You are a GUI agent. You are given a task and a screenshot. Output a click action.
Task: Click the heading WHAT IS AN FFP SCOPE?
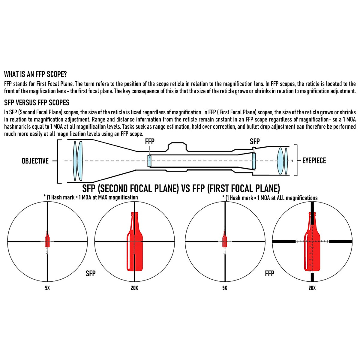coord(35,74)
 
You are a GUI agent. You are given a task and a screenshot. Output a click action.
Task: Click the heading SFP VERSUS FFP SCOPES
coord(37,103)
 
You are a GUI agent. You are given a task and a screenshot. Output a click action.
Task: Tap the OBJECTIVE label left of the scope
coord(35,161)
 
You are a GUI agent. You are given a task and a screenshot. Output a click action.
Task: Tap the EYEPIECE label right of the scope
coord(314,161)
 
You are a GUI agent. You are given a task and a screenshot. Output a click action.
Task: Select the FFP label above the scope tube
coord(149,142)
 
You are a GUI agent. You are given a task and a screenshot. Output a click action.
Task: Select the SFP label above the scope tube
coord(255,142)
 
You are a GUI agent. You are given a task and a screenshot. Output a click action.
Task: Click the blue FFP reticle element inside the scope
coord(149,161)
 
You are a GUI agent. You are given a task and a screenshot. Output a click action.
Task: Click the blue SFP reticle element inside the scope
coord(254,161)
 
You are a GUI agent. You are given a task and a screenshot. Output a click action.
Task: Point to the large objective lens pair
coord(77,161)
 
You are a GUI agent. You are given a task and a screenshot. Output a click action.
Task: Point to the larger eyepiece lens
coord(280,161)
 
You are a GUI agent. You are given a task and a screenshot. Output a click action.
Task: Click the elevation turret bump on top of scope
coord(177,147)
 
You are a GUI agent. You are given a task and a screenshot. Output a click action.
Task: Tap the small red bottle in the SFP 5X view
coord(47,240)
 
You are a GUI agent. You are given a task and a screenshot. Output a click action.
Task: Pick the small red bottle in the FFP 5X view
coord(224,240)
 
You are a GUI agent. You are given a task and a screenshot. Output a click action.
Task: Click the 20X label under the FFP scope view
coord(312,288)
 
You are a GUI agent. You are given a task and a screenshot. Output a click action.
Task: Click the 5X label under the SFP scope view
coord(47,288)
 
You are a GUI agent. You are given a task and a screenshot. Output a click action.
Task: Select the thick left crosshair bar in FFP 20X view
coord(283,241)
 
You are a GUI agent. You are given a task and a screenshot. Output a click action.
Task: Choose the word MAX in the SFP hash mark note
coord(103,197)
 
